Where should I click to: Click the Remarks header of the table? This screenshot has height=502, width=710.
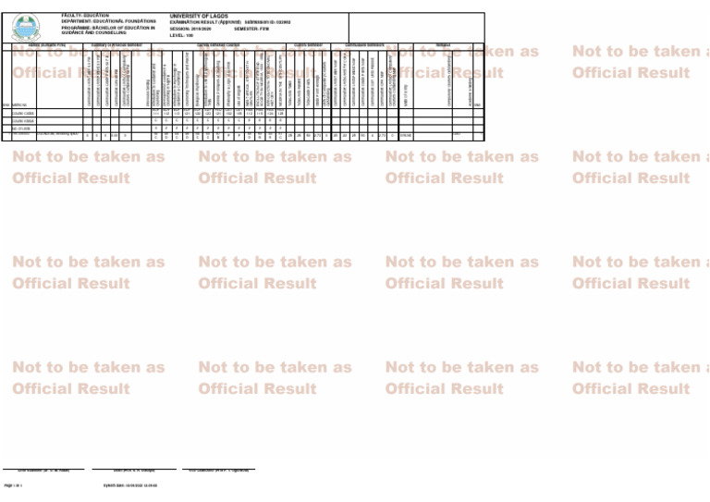tap(444, 43)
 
